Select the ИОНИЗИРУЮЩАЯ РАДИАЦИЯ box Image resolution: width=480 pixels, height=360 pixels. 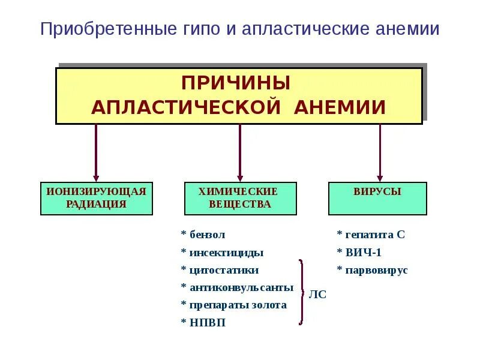tap(97, 198)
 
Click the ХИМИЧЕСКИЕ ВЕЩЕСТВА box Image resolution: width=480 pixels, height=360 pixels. tap(240, 198)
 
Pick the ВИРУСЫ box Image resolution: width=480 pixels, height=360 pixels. tap(377, 198)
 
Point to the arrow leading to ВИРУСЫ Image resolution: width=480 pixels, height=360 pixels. tap(380, 152)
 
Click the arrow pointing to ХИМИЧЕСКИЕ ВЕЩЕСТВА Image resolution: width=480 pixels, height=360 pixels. tap(240, 152)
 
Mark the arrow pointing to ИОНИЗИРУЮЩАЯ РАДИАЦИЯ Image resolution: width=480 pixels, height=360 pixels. tap(96, 152)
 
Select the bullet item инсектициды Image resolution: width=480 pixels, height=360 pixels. tap(222, 253)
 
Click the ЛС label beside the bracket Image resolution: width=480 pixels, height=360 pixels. tap(317, 295)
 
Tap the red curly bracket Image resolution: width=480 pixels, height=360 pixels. tap(302, 292)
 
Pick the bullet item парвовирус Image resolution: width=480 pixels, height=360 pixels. tap(372, 271)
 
